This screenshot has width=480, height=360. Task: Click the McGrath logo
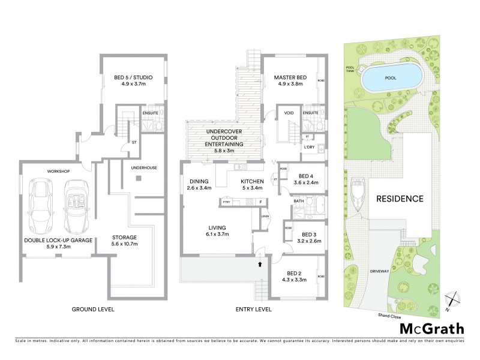coord(431,328)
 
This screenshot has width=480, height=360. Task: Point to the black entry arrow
coord(259,263)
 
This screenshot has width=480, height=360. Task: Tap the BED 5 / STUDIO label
coord(133,77)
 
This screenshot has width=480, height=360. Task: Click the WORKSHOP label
coord(59,172)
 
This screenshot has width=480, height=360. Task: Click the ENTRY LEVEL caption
coord(254,310)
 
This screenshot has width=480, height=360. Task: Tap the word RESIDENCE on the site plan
coord(400,199)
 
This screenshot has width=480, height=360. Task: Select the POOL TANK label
coord(350,69)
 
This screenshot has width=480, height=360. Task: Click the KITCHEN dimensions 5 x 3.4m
coord(253,188)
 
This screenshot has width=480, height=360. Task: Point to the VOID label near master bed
coord(289,113)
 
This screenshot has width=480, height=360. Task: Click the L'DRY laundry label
coord(310,148)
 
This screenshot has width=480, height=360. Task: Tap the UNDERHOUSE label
coord(145,168)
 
